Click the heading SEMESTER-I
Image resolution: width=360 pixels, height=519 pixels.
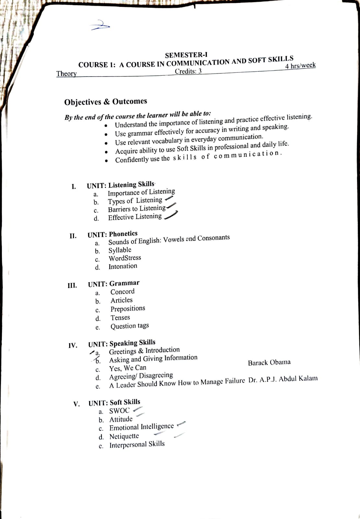click(x=186, y=55)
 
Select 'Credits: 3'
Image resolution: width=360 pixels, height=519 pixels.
click(x=188, y=71)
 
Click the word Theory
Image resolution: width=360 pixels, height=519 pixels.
click(x=66, y=74)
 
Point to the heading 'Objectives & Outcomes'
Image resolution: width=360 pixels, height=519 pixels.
click(x=105, y=102)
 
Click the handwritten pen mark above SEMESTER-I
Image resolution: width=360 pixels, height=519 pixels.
click(x=100, y=25)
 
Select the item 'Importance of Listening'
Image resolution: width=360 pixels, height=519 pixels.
click(x=141, y=192)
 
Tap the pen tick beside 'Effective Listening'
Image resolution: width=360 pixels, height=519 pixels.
click(x=171, y=215)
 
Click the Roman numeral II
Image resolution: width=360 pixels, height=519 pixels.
click(x=73, y=236)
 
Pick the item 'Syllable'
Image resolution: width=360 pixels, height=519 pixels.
click(x=120, y=250)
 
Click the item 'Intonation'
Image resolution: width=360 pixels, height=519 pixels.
click(x=123, y=266)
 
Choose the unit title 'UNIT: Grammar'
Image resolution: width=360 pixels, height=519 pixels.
click(x=114, y=284)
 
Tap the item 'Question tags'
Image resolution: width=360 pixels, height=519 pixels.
click(x=130, y=326)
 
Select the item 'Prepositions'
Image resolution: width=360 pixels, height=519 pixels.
click(x=128, y=308)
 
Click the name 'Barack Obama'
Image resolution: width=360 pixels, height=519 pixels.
click(x=269, y=363)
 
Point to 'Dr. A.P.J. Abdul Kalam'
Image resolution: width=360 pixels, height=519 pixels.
click(x=283, y=379)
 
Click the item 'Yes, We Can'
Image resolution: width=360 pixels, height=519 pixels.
click(x=128, y=368)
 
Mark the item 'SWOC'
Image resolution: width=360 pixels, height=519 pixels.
click(x=119, y=411)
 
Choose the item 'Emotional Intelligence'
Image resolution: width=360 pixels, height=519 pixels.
click(x=141, y=427)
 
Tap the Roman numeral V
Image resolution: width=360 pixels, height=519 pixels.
click(x=77, y=404)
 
